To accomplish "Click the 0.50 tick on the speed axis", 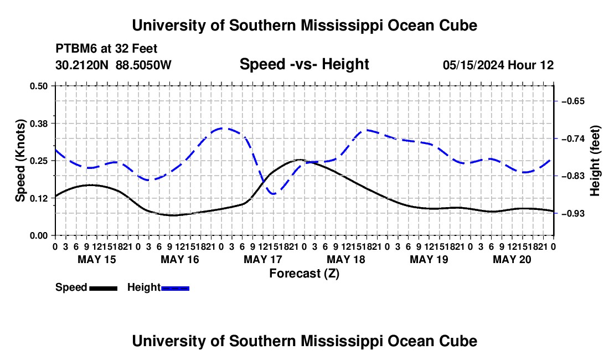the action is tap(38, 86).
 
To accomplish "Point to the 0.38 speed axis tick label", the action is tap(38, 124).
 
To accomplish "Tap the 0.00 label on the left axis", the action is tap(38, 236).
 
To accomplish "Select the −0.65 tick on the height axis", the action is tap(573, 101).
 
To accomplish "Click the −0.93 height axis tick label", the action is tap(573, 214).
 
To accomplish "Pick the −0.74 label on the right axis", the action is tap(573, 138).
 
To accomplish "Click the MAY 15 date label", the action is tap(97, 259).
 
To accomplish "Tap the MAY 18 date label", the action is tap(346, 259).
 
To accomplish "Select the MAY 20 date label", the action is tap(512, 259).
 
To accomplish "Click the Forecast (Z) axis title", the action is tap(304, 274).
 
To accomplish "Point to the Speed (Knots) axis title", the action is tap(20, 161).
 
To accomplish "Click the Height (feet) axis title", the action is tap(595, 161).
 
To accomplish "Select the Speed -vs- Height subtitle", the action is tap(304, 64).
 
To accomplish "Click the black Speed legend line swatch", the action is tap(104, 288).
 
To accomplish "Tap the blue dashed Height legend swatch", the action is tap(175, 288).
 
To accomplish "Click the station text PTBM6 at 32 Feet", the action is tap(106, 49).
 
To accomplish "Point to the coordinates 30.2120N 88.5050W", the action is tap(113, 65).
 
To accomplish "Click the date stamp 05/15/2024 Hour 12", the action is tap(498, 65).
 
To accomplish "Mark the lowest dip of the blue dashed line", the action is tap(273, 193).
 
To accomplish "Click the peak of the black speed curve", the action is tap(300, 160).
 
